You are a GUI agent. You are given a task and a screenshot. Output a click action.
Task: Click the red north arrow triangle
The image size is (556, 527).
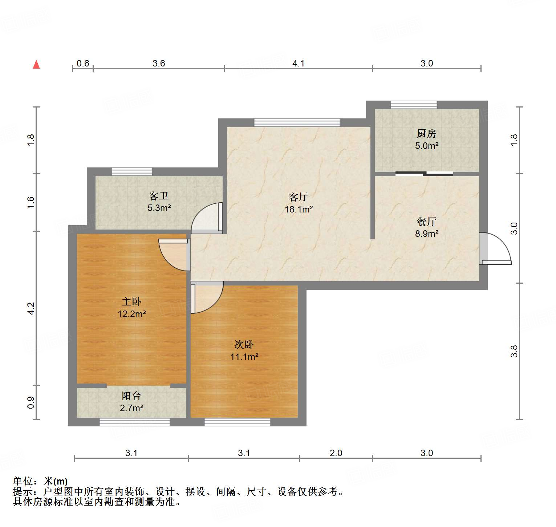(36, 65)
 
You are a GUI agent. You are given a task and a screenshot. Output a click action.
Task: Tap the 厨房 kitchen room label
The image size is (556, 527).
(426, 134)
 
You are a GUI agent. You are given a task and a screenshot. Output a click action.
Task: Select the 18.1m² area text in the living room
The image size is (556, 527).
(299, 209)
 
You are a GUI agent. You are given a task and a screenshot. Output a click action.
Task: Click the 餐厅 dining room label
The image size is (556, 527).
(426, 221)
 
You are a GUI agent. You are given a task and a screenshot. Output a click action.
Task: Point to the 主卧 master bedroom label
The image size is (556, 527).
(131, 301)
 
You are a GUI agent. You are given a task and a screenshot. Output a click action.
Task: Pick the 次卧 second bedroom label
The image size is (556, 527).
(244, 344)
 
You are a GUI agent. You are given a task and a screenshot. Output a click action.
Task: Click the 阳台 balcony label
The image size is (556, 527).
(131, 396)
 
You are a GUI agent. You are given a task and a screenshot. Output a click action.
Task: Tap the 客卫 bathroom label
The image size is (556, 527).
(159, 196)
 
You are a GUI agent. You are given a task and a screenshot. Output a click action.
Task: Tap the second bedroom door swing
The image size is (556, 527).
(207, 297)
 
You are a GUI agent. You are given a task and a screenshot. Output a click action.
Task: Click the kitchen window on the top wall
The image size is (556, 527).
(414, 105)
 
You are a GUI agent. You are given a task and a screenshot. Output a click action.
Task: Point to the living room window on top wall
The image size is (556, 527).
(297, 122)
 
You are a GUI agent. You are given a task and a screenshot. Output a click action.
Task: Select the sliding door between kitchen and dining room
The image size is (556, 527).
(424, 174)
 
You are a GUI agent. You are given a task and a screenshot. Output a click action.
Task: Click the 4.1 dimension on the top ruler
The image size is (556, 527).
(298, 63)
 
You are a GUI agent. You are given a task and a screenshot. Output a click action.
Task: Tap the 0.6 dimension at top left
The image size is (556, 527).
(83, 63)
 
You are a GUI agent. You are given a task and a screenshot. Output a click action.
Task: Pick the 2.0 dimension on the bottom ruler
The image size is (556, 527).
(336, 453)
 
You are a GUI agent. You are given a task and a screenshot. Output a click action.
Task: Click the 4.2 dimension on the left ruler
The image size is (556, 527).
(31, 308)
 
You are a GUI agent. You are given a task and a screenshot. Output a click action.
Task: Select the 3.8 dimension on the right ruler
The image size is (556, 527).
(514, 351)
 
